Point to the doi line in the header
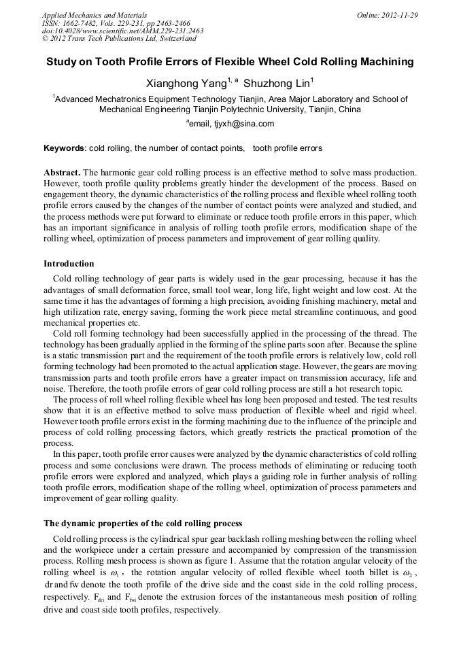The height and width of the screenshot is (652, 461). [x=122, y=31]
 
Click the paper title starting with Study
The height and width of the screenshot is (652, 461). [x=230, y=62]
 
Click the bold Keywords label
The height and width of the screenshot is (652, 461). [x=64, y=148]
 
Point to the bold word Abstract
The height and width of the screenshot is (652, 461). [x=62, y=173]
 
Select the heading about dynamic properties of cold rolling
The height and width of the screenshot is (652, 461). [x=143, y=524]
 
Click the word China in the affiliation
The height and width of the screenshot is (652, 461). [x=349, y=109]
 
